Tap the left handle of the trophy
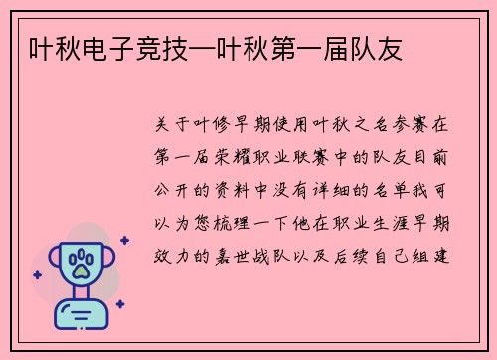pyautogui.click(x=50, y=262)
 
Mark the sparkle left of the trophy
pyautogui.click(x=37, y=271)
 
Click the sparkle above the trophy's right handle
pyautogui.click(x=123, y=240)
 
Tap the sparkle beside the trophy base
pyautogui.click(x=119, y=304)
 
